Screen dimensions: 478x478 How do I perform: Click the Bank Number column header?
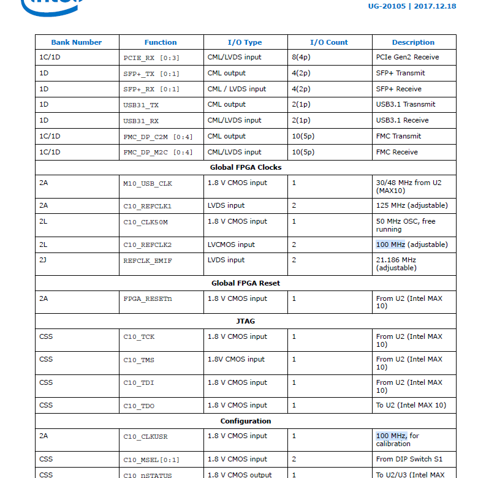pos(76,42)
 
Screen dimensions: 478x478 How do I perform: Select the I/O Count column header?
pos(328,42)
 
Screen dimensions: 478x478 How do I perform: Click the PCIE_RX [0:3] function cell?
pos(152,58)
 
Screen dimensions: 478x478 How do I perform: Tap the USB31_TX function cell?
pos(141,105)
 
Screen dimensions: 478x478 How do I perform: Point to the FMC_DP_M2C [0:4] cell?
pos(157,153)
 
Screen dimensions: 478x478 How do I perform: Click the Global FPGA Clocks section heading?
pos(246,167)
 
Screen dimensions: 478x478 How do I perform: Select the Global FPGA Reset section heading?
pos(246,283)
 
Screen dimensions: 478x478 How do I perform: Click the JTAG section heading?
pos(246,321)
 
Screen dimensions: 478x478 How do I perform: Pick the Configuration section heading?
pos(246,421)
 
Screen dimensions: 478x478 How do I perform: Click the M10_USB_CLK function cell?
pos(148,183)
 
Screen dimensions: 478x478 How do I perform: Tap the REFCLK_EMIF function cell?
pos(148,260)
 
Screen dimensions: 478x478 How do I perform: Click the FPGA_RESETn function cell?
pos(148,299)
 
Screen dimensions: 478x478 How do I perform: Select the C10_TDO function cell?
pos(139,406)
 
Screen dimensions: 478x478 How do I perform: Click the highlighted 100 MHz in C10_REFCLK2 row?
pos(390,245)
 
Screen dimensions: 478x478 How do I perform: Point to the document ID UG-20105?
pos(386,6)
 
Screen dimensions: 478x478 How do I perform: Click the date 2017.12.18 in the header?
pos(435,6)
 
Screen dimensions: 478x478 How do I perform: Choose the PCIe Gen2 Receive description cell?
pos(407,57)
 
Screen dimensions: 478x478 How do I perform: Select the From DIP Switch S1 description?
pos(409,459)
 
